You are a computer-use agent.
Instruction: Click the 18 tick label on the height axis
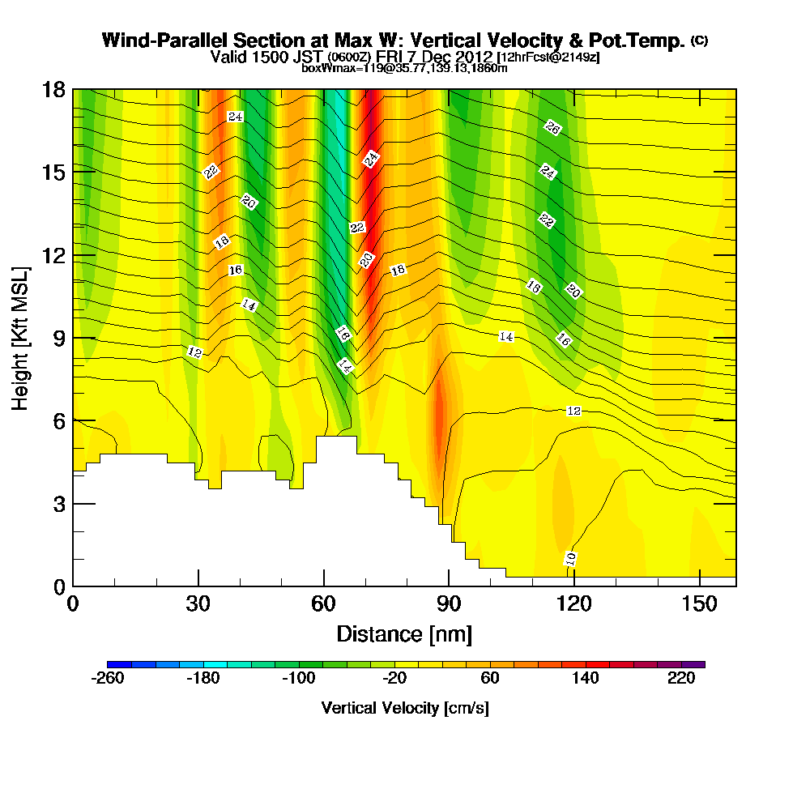[x=53, y=89]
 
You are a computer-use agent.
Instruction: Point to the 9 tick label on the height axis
[x=58, y=338]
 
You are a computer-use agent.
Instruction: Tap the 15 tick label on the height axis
[x=53, y=172]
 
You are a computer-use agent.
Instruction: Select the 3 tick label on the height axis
[x=58, y=503]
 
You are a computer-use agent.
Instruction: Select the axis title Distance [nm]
[x=404, y=633]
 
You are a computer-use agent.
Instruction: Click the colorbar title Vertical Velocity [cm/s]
[x=405, y=708]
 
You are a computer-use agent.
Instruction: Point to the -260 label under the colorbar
[x=108, y=679]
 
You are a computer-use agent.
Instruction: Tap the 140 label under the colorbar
[x=586, y=679]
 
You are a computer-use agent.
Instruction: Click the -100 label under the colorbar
[x=298, y=679]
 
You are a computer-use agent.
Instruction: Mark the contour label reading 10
[x=571, y=558]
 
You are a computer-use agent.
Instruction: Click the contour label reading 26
[x=552, y=127]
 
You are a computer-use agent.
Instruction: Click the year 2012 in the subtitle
[x=474, y=57]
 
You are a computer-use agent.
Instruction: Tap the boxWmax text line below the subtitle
[x=404, y=68]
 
